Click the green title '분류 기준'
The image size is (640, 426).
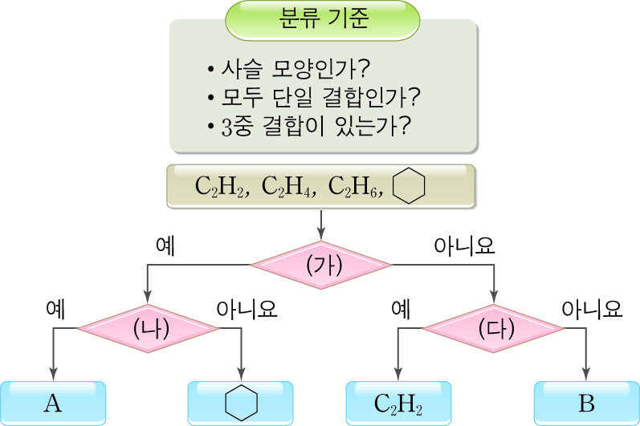pos(324,19)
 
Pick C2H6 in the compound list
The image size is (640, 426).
pos(359,187)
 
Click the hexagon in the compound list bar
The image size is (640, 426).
pos(410,186)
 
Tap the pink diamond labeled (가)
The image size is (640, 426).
pos(321,264)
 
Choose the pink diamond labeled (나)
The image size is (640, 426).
pos(148,327)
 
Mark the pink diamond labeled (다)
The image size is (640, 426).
pos(494,327)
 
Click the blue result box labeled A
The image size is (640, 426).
pos(53,403)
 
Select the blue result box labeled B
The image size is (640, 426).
pos(586,403)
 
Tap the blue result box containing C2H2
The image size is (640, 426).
pos(398,403)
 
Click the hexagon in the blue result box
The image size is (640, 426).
pos(240,403)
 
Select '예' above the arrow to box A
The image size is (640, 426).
pos(55,308)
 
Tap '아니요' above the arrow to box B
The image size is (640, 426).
pos(593,308)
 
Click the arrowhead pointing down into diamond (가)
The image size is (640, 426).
pos(321,233)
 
